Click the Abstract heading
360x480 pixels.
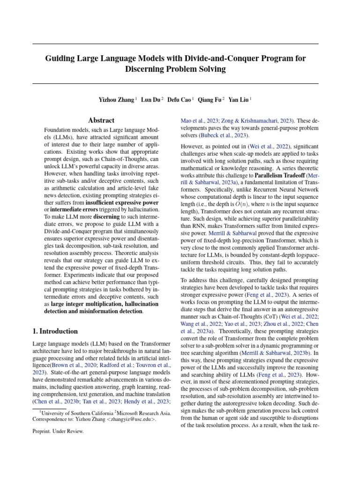point(102,120)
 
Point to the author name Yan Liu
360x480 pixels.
point(239,99)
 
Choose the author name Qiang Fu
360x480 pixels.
point(210,99)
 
